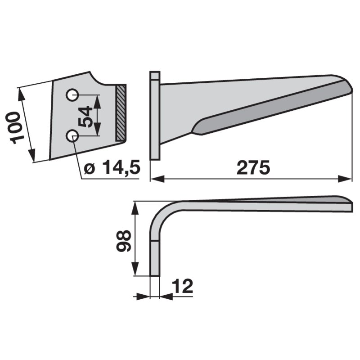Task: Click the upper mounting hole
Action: coord(72,94)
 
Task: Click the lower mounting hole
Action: coord(72,135)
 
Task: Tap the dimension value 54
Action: coord(85,117)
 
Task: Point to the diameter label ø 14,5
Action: coord(112,167)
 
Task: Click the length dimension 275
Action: coord(253,167)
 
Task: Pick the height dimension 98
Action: coord(124,241)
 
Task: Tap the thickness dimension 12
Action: coord(183,286)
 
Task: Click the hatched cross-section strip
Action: coord(121,113)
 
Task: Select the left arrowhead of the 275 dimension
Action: coord(157,179)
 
